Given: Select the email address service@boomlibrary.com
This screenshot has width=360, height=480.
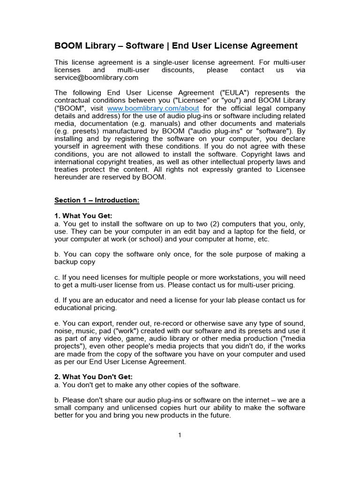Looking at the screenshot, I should pyautogui.click(x=97, y=77).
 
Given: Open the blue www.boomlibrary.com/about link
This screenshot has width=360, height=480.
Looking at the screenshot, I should pyautogui.click(x=153, y=108).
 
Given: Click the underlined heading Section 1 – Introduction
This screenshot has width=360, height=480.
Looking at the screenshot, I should pyautogui.click(x=97, y=200).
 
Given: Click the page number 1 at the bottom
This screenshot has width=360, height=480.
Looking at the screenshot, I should pyautogui.click(x=180, y=435).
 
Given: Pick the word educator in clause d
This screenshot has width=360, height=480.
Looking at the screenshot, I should pyautogui.click(x=114, y=300).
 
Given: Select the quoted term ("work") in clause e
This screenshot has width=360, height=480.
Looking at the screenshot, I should pyautogui.click(x=119, y=331).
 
